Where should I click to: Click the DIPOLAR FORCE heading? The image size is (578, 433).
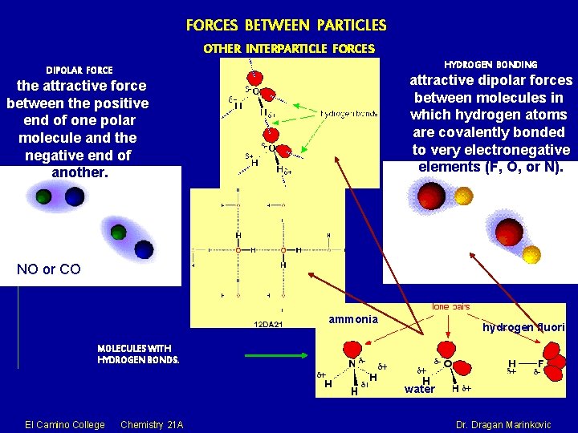click(x=79, y=71)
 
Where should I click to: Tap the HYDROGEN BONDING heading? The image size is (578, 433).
click(x=490, y=63)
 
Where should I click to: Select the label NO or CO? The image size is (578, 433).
click(x=49, y=269)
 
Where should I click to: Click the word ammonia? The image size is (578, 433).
click(x=353, y=319)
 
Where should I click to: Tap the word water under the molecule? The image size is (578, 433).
click(x=420, y=390)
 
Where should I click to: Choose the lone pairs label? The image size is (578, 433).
click(x=451, y=306)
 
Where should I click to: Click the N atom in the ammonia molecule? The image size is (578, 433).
click(x=351, y=362)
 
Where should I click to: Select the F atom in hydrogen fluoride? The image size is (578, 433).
click(x=542, y=363)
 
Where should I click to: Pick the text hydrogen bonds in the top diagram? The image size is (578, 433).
click(x=348, y=114)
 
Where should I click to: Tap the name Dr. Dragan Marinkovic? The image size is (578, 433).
click(x=503, y=424)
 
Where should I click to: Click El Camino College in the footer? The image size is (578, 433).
click(x=65, y=424)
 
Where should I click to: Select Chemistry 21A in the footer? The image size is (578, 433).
click(x=152, y=424)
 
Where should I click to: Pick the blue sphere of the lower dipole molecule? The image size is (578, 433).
click(x=144, y=249)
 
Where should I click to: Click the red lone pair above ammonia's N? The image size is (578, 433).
click(x=352, y=348)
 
